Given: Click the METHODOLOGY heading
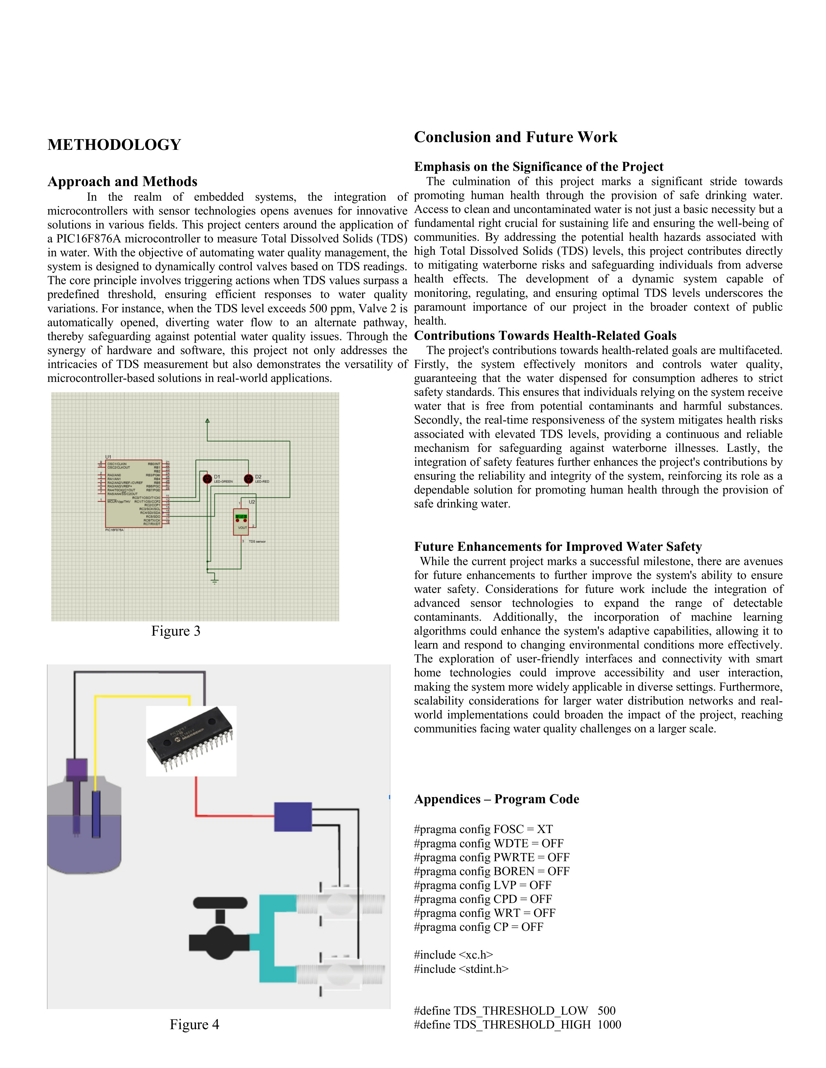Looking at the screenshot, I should pyautogui.click(x=114, y=145).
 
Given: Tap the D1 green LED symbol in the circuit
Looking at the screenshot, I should pyautogui.click(x=208, y=478).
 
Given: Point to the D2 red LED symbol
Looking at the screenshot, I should pyautogui.click(x=248, y=478).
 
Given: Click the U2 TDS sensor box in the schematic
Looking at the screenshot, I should pyautogui.click(x=241, y=522).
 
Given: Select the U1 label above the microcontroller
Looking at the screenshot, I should pyautogui.click(x=108, y=457).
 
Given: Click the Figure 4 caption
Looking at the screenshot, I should pyautogui.click(x=194, y=1025).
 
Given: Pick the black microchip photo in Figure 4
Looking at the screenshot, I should pyautogui.click(x=191, y=741).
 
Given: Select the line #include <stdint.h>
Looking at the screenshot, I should pyautogui.click(x=461, y=969).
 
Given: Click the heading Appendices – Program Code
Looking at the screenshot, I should pyautogui.click(x=496, y=799).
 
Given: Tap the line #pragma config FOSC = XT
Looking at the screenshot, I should pyautogui.click(x=483, y=829).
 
